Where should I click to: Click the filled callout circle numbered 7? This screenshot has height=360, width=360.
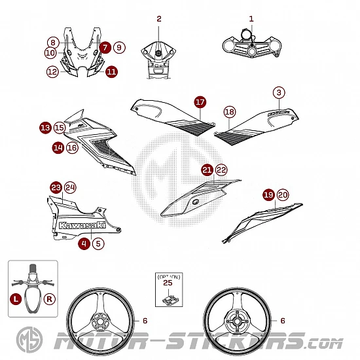105,48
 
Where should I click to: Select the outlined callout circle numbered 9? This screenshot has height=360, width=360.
119,48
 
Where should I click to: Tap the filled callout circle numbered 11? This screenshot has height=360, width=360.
111,71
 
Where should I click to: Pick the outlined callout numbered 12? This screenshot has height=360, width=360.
52,71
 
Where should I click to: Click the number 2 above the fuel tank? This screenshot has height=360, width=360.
159,19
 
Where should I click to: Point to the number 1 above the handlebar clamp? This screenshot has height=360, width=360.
251,19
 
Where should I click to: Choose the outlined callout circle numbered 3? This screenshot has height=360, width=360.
279,92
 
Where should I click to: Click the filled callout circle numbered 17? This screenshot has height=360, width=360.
200,102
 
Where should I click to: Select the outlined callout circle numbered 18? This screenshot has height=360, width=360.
230,112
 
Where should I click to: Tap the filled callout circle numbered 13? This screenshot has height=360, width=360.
45,128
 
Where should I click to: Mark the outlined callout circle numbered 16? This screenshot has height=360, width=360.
72,147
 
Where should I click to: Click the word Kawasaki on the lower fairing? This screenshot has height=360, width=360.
82,225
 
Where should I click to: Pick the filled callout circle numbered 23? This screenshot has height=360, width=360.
56,188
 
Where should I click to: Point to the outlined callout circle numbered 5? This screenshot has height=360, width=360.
98,243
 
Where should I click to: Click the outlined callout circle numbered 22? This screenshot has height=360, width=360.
221,170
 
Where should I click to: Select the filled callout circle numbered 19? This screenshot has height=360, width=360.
268,195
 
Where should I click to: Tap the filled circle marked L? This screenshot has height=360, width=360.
16,299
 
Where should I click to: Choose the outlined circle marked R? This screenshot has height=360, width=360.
49,299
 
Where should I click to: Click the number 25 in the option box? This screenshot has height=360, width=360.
168,283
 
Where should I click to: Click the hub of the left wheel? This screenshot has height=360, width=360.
99,321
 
